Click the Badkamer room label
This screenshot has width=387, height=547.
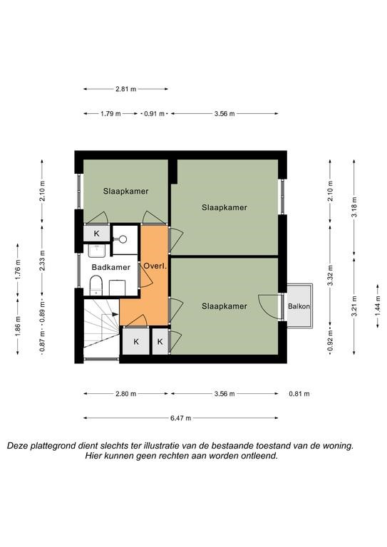(110, 267)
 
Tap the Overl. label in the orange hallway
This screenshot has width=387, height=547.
(155, 266)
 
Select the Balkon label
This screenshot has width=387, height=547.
(299, 306)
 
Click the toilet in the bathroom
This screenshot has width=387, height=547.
(96, 286)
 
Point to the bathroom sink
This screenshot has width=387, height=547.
(97, 251)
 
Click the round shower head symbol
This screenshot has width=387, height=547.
(123, 239)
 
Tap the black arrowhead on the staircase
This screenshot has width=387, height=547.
(115, 314)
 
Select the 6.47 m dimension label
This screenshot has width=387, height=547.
(180, 418)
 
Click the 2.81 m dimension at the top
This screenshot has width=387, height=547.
(125, 89)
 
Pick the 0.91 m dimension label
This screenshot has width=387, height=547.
(154, 114)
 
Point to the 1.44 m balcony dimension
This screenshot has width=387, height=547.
(378, 306)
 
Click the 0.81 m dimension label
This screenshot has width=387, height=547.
(299, 394)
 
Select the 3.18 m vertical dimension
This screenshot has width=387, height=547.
(354, 207)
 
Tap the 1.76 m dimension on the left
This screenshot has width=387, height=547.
(18, 269)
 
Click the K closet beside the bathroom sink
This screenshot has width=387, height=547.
(97, 234)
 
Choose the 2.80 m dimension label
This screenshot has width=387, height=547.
(125, 394)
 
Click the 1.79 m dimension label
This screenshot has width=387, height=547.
(110, 114)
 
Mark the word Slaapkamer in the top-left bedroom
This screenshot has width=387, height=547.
(125, 191)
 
